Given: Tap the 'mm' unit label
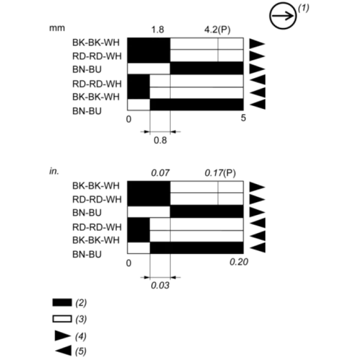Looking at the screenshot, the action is click(x=57, y=28).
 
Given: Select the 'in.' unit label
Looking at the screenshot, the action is click(x=54, y=171).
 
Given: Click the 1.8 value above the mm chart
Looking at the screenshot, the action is click(x=157, y=30).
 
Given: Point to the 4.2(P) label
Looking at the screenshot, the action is click(x=217, y=30).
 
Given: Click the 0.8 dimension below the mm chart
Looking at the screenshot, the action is click(x=160, y=140).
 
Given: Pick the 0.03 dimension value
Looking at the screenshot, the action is click(x=160, y=285).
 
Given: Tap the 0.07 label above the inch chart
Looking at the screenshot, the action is click(x=160, y=173).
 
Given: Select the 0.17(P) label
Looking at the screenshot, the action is click(x=220, y=173).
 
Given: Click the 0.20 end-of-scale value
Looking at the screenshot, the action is click(x=239, y=262).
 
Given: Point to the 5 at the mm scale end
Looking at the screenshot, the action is click(x=243, y=118).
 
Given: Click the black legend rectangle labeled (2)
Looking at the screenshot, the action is click(x=62, y=302).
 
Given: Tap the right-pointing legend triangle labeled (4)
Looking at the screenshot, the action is click(x=62, y=336).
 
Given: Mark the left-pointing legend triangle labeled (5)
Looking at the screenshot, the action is click(x=64, y=351).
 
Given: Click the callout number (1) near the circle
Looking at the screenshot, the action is click(x=303, y=8).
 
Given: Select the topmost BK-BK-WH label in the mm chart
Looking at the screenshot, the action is click(x=96, y=43).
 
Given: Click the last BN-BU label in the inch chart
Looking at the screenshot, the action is click(x=87, y=255).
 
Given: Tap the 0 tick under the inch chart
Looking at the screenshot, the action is click(x=129, y=263).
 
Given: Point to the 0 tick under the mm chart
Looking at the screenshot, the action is click(x=129, y=119).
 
